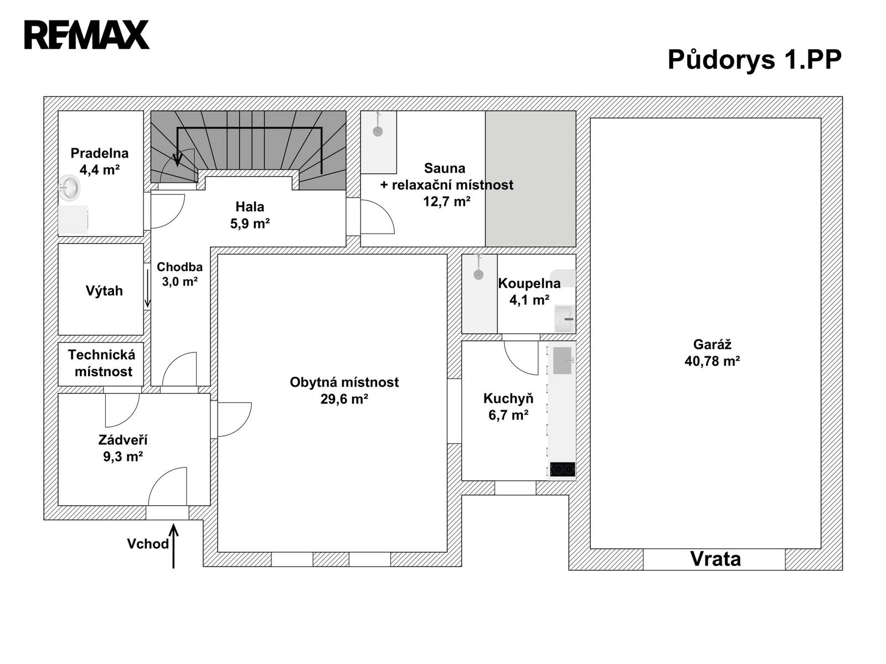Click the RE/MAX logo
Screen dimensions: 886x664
point(87,35)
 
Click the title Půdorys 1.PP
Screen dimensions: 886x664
point(754,60)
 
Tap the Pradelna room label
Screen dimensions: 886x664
point(99,153)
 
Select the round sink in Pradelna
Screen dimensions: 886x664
point(69,188)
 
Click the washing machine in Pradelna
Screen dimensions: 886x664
point(73,220)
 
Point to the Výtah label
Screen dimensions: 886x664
point(104,290)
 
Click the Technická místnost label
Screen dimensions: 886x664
point(102,363)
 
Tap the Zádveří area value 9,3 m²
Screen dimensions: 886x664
point(123,456)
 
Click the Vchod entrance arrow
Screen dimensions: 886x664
point(173,546)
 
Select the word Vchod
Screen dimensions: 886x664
point(148,544)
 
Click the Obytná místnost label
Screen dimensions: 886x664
point(344,382)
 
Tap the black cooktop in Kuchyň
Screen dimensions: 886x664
point(563,469)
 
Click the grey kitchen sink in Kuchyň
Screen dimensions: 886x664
point(562,360)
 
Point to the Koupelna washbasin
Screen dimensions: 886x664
point(565,319)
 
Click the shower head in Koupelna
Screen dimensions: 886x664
point(479,274)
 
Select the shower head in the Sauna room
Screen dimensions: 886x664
point(378,131)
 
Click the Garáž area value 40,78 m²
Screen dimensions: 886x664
point(713,361)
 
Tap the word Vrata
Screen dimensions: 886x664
point(715,559)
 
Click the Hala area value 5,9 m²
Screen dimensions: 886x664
point(250,223)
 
